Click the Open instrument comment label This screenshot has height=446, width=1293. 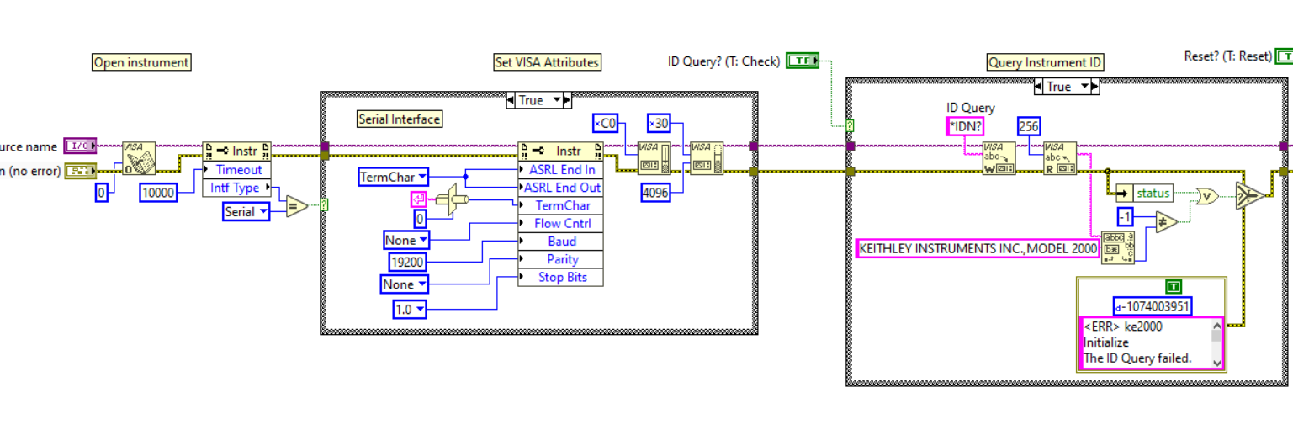(141, 62)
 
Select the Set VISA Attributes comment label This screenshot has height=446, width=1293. (547, 62)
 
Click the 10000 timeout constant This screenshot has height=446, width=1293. (158, 193)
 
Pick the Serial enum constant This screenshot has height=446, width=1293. (246, 211)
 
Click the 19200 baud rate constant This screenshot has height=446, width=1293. (408, 262)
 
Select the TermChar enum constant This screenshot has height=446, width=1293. (393, 177)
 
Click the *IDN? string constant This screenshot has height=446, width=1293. (964, 126)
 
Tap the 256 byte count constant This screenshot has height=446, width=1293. (1028, 126)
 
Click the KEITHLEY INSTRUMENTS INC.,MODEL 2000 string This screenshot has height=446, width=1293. (978, 248)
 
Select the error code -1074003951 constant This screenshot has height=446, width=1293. (1152, 306)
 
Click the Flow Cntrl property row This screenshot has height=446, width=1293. (562, 223)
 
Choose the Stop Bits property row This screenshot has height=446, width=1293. (562, 277)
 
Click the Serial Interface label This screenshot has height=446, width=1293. (399, 119)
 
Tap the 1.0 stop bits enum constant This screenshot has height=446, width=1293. (410, 310)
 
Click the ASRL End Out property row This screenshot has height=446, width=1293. (562, 188)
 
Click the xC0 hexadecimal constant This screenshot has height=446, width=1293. (605, 123)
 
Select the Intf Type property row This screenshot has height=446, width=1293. (235, 188)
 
